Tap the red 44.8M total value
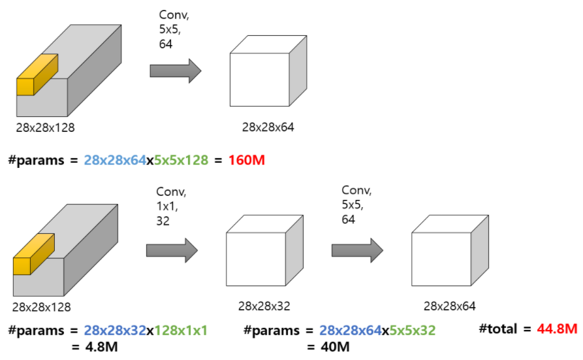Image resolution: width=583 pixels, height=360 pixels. coord(557,329)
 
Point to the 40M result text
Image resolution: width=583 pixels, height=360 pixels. coord(334,346)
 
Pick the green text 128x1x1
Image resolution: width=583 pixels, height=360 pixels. coord(180,331)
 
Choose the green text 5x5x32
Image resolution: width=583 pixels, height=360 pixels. coord(412,331)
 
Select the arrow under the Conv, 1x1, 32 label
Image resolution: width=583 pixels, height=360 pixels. coord(172,250)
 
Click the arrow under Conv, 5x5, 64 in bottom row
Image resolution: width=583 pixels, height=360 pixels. coord(357,250)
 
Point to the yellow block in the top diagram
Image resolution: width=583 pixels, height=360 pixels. coord(37,76)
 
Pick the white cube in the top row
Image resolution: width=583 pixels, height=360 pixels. coord(267,72)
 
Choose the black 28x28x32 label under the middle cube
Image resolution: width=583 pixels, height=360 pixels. coord(264,306)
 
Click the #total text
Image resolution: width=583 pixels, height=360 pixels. coord(502,329)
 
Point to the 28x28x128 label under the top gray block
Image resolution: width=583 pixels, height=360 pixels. coord(45,128)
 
